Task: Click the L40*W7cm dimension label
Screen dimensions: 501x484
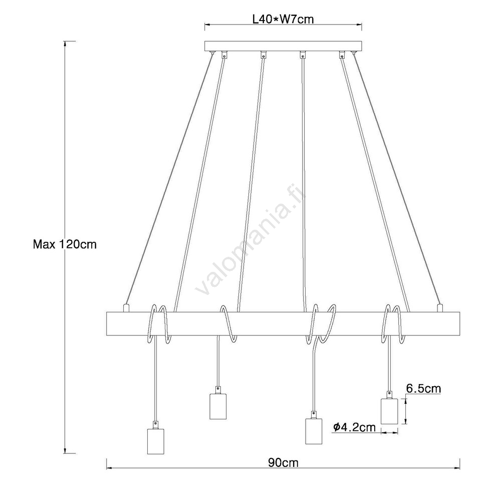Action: pos(283,20)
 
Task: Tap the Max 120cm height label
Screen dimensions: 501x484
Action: pos(65,244)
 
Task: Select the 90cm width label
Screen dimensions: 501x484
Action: pos(283,462)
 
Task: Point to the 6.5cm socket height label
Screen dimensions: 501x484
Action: pos(423,388)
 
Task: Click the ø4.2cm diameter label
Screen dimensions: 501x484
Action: pos(354,427)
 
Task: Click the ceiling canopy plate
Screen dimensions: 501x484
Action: pos(283,46)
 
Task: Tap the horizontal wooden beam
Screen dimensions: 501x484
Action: pos(283,324)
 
